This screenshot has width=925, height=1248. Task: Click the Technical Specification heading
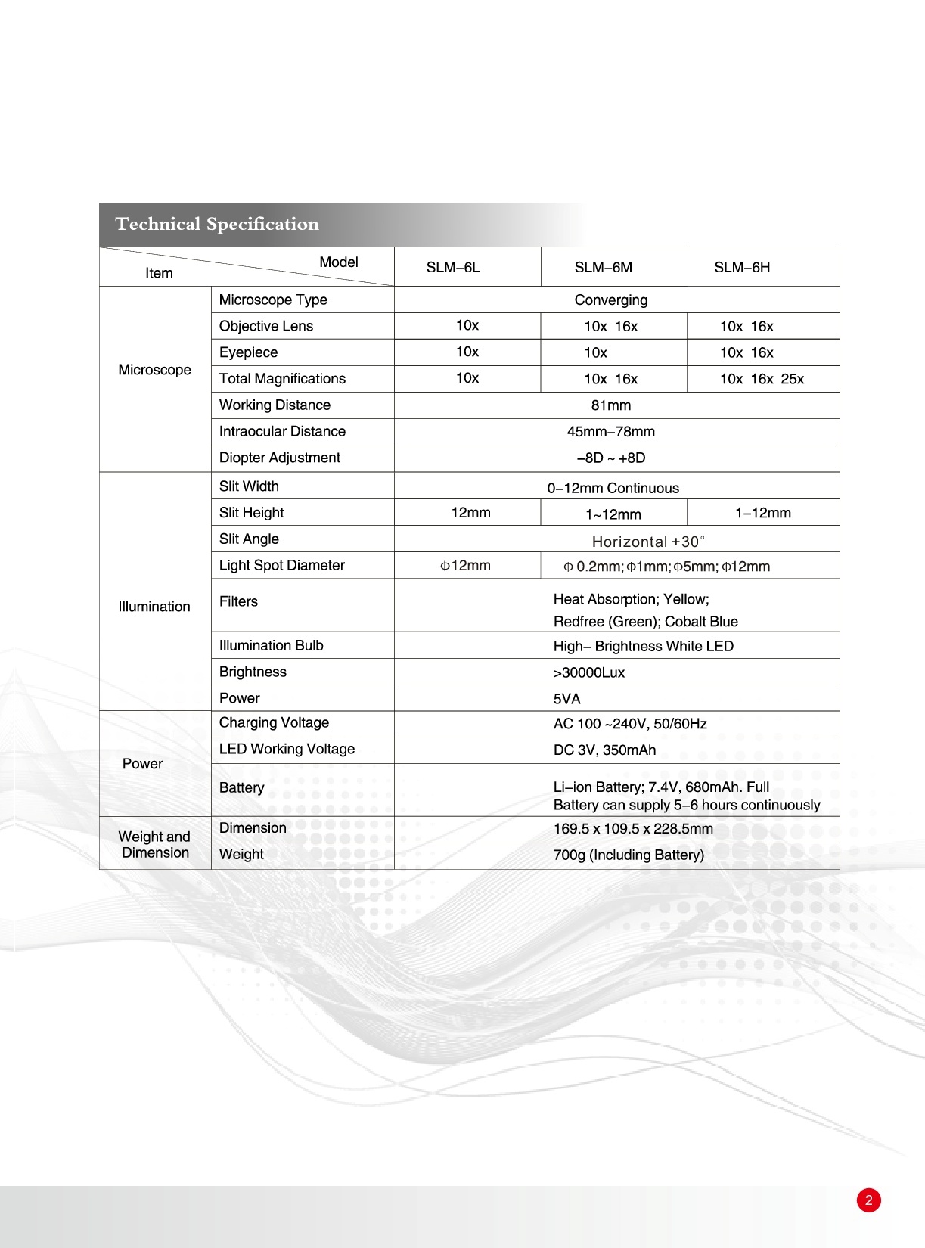(217, 225)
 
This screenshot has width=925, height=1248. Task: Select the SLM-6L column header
(453, 268)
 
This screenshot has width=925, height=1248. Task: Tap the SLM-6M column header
(603, 268)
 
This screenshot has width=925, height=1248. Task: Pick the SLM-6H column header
(742, 268)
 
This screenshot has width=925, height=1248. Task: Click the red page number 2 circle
(868, 1200)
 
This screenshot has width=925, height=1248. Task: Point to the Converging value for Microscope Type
(610, 300)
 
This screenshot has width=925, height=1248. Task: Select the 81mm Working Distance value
(610, 405)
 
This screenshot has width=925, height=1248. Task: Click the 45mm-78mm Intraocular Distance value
(610, 432)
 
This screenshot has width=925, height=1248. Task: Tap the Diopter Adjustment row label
(279, 458)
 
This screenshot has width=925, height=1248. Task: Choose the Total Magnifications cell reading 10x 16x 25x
(762, 379)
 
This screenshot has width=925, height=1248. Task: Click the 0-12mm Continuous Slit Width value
(613, 489)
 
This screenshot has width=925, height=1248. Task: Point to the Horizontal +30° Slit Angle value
(648, 542)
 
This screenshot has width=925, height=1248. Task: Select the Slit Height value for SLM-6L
(470, 513)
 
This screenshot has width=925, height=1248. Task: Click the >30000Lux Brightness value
(589, 673)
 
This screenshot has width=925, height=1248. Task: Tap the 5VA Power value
(566, 699)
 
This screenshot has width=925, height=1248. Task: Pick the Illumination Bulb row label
(271, 646)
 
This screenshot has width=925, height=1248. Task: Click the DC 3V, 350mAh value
(604, 750)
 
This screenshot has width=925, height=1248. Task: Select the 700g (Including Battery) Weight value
(629, 855)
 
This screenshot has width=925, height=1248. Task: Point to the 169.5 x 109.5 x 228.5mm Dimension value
(633, 829)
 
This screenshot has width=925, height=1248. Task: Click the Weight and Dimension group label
(154, 845)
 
